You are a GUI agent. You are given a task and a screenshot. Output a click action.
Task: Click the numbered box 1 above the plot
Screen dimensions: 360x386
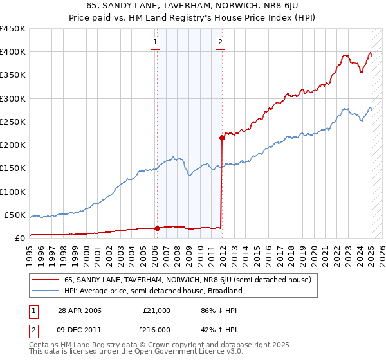tap(156, 43)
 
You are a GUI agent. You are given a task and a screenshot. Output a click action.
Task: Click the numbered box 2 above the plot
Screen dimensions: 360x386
tap(221, 43)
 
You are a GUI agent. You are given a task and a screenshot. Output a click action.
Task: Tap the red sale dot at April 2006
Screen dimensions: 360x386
tap(157, 228)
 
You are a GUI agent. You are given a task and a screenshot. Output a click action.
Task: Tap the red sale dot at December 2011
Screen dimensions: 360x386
tap(222, 137)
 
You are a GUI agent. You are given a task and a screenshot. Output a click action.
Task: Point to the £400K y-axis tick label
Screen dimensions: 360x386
tap(14, 52)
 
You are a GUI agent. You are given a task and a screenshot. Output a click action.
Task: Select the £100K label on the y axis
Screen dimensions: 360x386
tap(14, 192)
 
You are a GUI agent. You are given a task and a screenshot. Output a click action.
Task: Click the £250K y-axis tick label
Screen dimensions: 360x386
tap(14, 122)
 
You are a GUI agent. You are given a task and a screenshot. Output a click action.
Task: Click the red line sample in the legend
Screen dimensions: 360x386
tap(45, 280)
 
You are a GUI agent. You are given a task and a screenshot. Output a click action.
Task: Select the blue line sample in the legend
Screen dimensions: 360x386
tap(45, 291)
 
